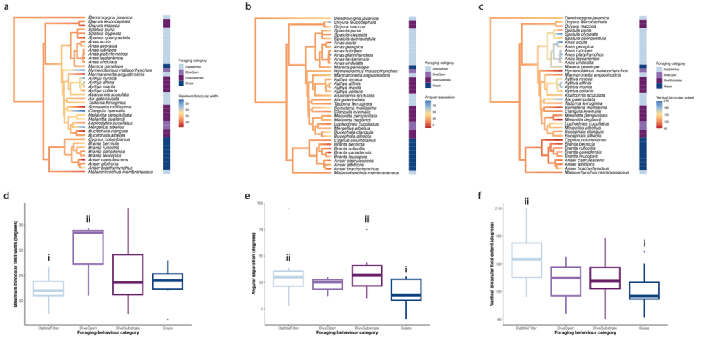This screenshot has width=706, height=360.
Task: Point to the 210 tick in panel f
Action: [498, 208]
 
